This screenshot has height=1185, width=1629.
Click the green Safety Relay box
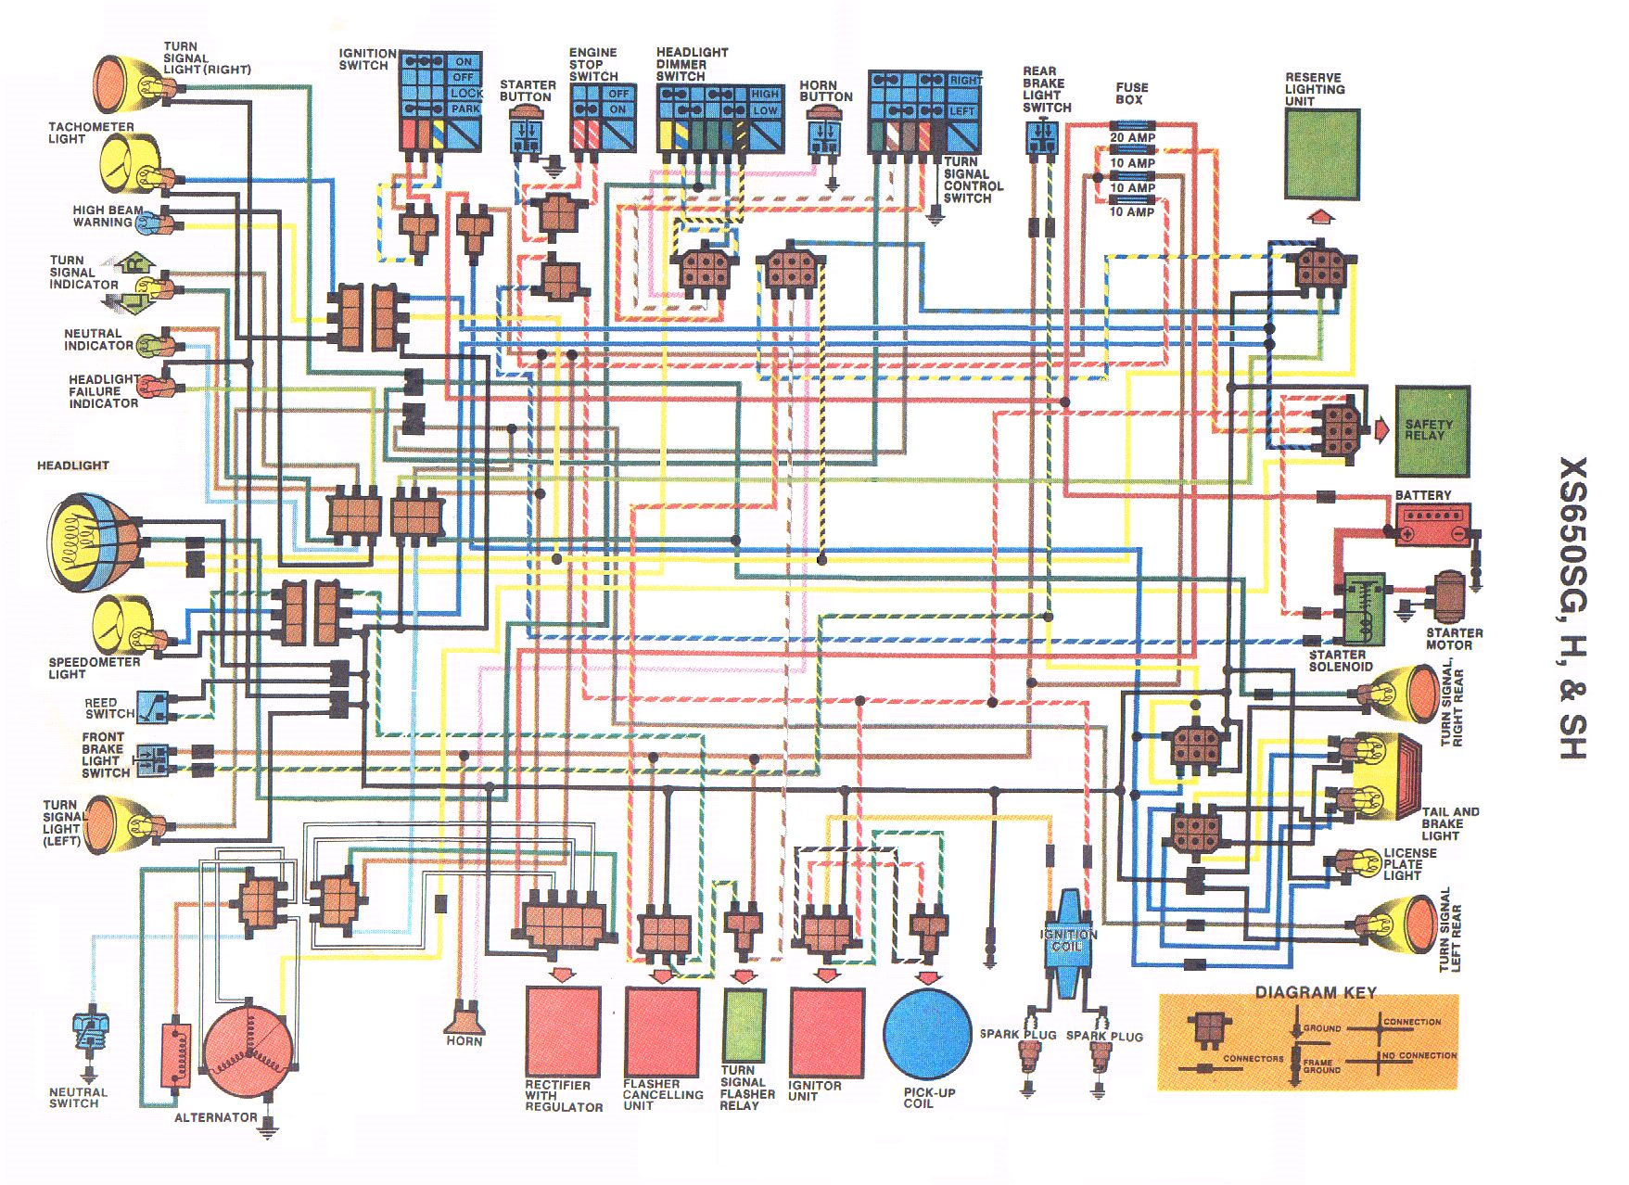(x=1432, y=431)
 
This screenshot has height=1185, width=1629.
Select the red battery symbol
(x=1432, y=526)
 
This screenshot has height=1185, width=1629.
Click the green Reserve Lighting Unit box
(x=1322, y=154)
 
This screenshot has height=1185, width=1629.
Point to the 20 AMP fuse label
(x=1133, y=137)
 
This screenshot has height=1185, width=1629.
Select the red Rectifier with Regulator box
(x=562, y=1030)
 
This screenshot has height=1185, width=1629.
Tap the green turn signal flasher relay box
(x=744, y=1025)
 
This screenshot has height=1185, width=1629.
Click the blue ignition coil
(x=1068, y=941)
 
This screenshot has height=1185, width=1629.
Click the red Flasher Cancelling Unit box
(x=662, y=1030)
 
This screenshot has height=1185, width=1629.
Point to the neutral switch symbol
(x=91, y=1032)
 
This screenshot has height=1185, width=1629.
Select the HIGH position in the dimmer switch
(x=765, y=95)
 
